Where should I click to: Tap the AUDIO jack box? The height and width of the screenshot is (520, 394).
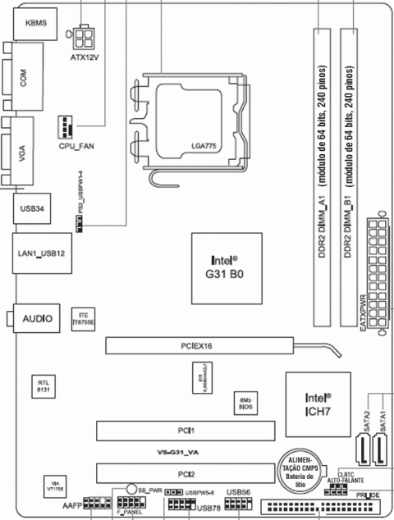[38, 317]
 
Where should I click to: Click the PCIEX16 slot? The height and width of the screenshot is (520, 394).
[197, 345]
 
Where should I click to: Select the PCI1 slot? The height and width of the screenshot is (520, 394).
[187, 430]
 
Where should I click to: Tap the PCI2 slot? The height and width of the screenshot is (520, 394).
[187, 472]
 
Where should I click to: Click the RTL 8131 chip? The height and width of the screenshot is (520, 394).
[44, 385]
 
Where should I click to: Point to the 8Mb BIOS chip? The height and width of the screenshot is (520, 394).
[243, 401]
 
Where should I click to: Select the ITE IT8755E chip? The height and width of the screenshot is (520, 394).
[82, 319]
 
